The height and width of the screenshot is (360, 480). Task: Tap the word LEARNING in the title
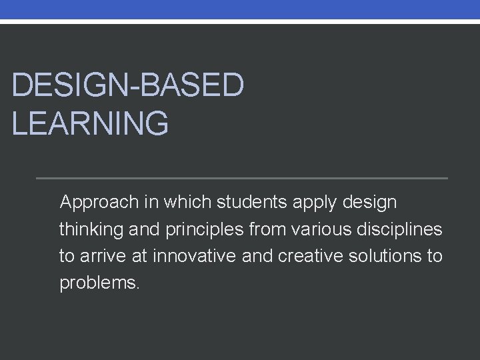pyautogui.click(x=90, y=124)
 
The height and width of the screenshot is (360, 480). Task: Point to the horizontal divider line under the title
pyautogui.click(x=241, y=179)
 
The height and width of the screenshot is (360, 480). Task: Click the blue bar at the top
pyautogui.click(x=240, y=9)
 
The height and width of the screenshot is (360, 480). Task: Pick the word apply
pyautogui.click(x=311, y=201)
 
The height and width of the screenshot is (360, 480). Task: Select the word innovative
pyautogui.click(x=199, y=257)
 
